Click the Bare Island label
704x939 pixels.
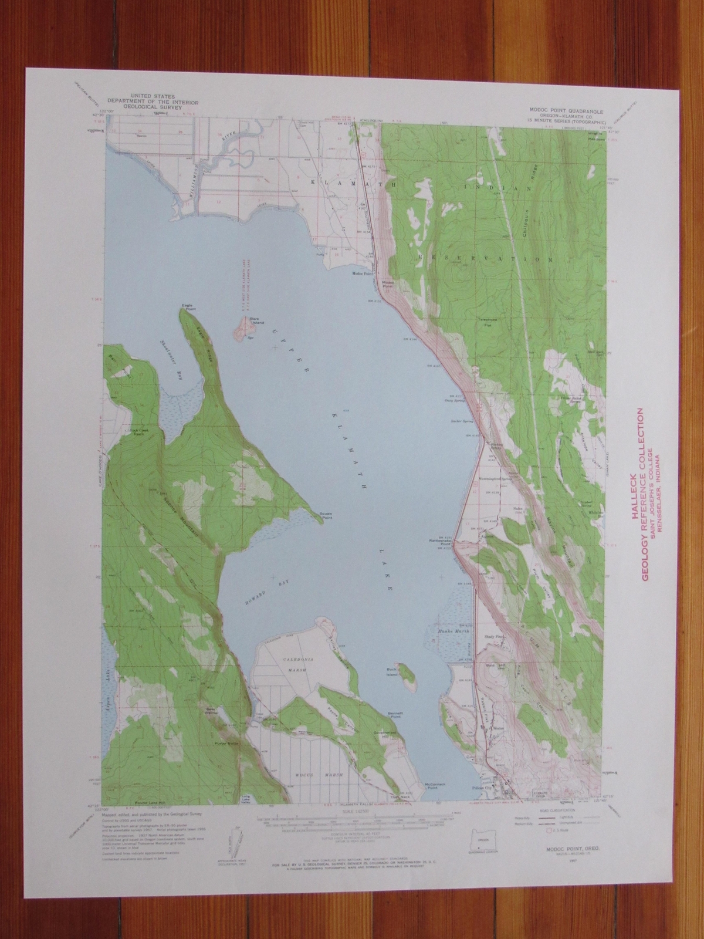point(254,320)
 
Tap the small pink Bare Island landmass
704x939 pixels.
point(241,329)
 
